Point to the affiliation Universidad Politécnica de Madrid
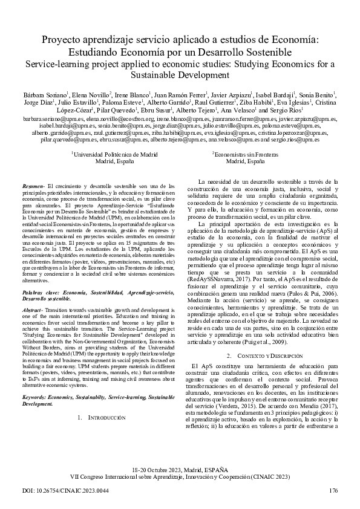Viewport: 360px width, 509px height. (116, 155)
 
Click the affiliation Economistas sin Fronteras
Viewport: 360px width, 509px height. (245, 155)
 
